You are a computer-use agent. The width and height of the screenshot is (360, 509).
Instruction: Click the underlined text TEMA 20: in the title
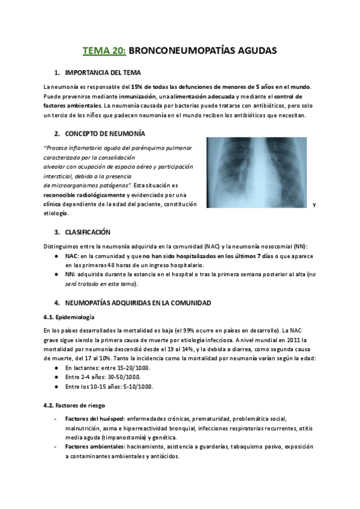104,51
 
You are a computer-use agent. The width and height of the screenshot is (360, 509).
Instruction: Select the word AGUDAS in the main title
256,51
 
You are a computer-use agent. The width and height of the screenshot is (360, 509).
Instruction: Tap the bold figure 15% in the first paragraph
137,87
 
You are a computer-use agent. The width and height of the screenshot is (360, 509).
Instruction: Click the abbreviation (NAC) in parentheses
211,246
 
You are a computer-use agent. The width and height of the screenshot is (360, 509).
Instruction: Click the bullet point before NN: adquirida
56,274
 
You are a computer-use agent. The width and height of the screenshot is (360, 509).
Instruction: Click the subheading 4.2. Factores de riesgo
74,405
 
